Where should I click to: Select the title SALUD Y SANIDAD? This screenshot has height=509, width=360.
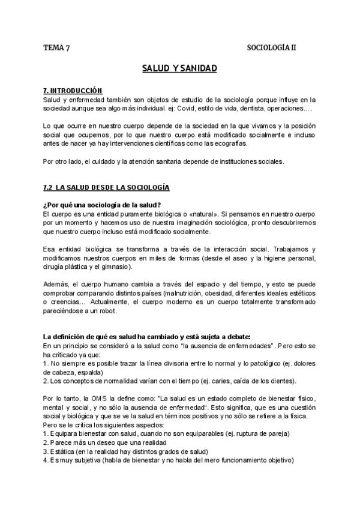[179, 69]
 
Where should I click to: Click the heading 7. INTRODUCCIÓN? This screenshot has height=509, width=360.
[73, 90]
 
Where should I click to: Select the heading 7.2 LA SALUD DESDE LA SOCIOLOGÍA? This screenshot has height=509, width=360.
[107, 188]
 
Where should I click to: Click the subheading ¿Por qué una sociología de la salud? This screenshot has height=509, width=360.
[103, 205]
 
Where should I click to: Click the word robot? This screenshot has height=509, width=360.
[109, 310]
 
